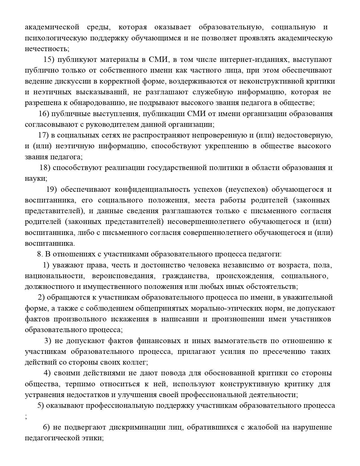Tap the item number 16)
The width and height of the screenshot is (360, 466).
pos(44,114)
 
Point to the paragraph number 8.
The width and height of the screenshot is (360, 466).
pos(40,254)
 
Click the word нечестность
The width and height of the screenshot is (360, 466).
pos(47,49)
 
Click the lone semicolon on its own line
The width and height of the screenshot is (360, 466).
pos(26,417)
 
